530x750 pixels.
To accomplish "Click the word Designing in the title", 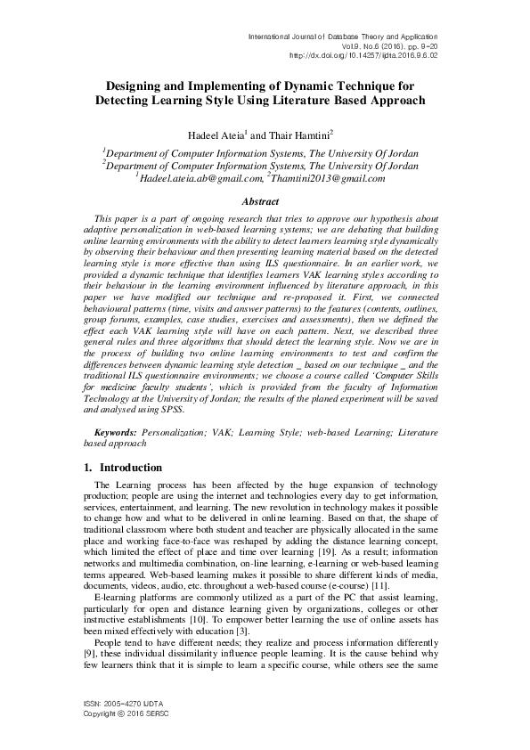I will tap(136, 86).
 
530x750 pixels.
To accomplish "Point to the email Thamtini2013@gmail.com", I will tap(329, 178).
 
